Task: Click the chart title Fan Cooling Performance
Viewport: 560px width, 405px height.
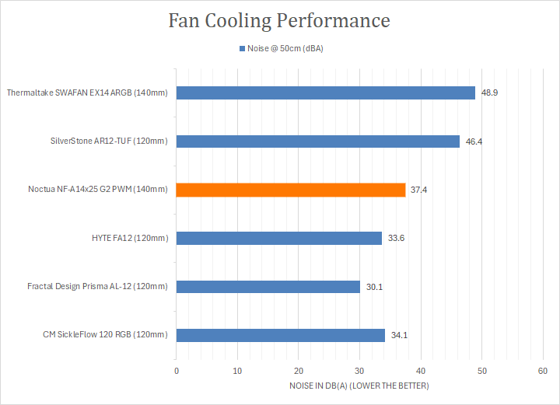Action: pyautogui.click(x=279, y=21)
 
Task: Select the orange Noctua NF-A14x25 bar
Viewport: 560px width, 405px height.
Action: pyautogui.click(x=291, y=190)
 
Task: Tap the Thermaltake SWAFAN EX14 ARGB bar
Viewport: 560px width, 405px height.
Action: pyautogui.click(x=326, y=93)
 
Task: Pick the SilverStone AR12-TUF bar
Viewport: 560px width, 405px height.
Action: pyautogui.click(x=318, y=141)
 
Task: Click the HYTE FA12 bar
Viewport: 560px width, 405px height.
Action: pyautogui.click(x=279, y=238)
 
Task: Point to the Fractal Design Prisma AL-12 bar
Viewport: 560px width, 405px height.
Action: pyautogui.click(x=268, y=287)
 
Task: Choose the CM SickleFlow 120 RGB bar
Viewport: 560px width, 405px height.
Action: pyautogui.click(x=281, y=335)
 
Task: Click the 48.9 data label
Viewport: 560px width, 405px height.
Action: pyautogui.click(x=489, y=93)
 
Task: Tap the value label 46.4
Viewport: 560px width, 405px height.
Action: pyautogui.click(x=474, y=141)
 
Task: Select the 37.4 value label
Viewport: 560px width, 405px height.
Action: pyautogui.click(x=419, y=190)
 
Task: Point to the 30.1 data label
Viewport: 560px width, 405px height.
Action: pyautogui.click(x=374, y=287)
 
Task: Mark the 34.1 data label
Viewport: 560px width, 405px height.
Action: pyautogui.click(x=399, y=335)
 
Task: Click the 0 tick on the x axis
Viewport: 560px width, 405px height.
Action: pyautogui.click(x=177, y=372)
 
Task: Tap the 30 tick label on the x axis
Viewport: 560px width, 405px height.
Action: pyautogui.click(x=360, y=372)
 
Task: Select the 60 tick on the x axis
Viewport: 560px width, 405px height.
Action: pyautogui.click(x=543, y=372)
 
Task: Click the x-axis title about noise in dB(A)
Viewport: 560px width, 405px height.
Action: pyautogui.click(x=359, y=386)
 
